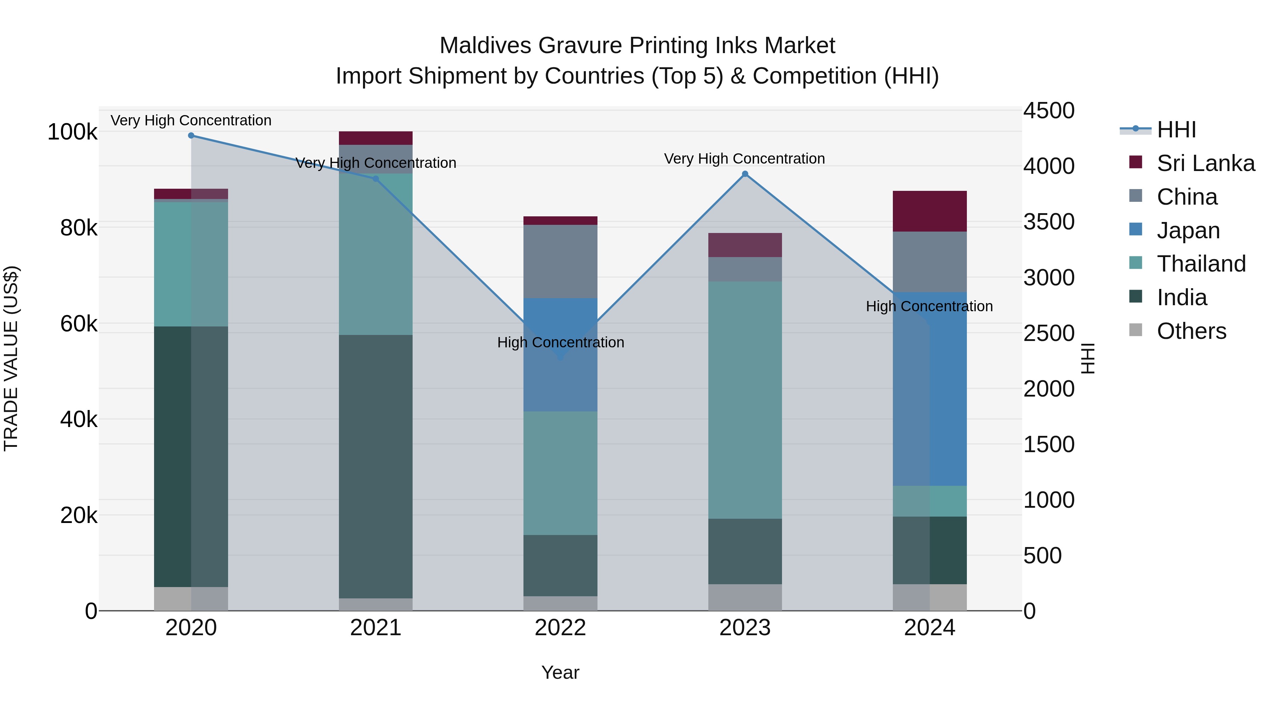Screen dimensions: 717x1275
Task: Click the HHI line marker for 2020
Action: click(x=191, y=136)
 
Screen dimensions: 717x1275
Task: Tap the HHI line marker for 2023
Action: click(x=745, y=174)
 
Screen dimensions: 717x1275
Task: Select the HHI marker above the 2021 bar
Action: click(x=376, y=179)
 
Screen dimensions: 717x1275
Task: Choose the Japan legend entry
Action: click(x=1188, y=231)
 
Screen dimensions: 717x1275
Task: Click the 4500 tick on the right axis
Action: click(x=1049, y=110)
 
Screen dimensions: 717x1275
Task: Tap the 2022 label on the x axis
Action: click(x=560, y=628)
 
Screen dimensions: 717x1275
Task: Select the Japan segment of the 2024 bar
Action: click(x=930, y=389)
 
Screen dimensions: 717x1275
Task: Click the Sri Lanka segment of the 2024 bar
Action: click(x=930, y=211)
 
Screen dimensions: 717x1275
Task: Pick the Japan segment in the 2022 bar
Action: click(x=560, y=355)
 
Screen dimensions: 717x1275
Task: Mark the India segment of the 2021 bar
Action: click(x=376, y=467)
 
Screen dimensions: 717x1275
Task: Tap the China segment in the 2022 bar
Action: click(x=560, y=262)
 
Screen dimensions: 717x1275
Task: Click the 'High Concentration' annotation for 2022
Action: click(x=560, y=342)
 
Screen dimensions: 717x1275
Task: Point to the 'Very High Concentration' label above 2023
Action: click(x=744, y=159)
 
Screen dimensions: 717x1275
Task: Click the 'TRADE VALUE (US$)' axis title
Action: click(x=11, y=358)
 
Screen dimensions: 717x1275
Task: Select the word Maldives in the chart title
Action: click(x=485, y=46)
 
